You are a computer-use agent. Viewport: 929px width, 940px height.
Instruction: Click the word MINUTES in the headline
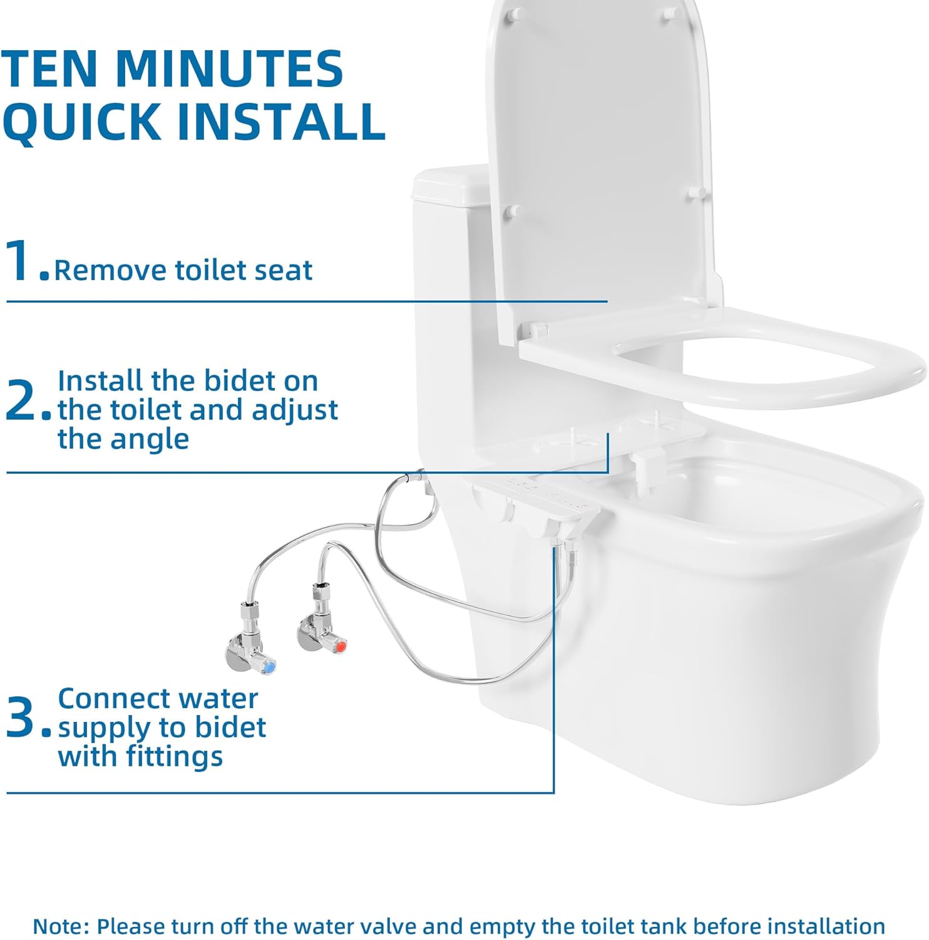click(229, 68)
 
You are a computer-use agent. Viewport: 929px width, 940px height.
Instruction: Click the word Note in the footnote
click(59, 926)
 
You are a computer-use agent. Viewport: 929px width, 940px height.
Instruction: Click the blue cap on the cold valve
click(269, 667)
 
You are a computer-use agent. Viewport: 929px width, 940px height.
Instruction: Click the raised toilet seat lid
click(601, 157)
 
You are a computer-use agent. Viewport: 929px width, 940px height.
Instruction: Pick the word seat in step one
click(285, 271)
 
